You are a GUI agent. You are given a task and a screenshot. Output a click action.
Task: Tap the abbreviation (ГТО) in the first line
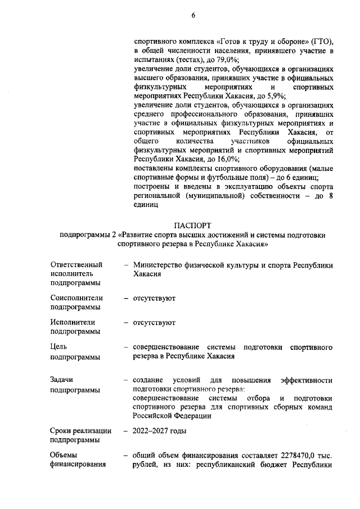coord(322,42)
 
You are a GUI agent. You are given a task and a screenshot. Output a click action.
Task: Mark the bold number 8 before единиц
coord(331,195)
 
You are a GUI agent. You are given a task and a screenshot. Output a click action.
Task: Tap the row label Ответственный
coord(76,264)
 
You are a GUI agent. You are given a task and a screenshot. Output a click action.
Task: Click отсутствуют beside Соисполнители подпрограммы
coord(154,298)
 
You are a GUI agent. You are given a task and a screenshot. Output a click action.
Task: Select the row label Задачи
coord(62,381)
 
